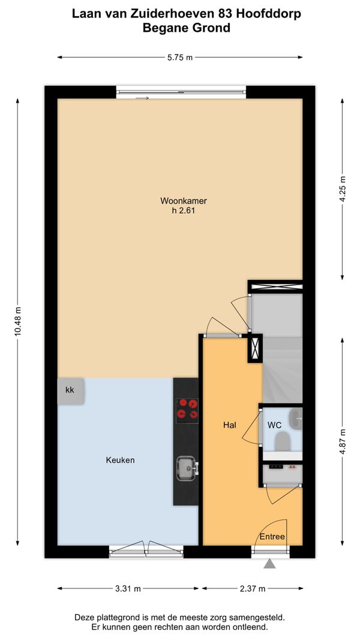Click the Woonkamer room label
[x=184, y=201]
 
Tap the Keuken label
[x=120, y=460]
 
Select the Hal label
[x=230, y=425]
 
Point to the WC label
[x=274, y=425]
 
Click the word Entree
[x=272, y=537]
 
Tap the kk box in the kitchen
[x=71, y=391]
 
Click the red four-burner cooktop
[x=187, y=411]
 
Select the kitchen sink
[x=187, y=468]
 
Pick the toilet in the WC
[x=282, y=441]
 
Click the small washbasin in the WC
[x=296, y=419]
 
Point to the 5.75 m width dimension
[x=180, y=58]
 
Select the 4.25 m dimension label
[x=343, y=189]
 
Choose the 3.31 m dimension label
[x=128, y=588]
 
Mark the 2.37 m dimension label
[x=253, y=588]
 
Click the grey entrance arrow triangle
[x=269, y=564]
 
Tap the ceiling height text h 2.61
[x=184, y=211]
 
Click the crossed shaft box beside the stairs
[x=255, y=349]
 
